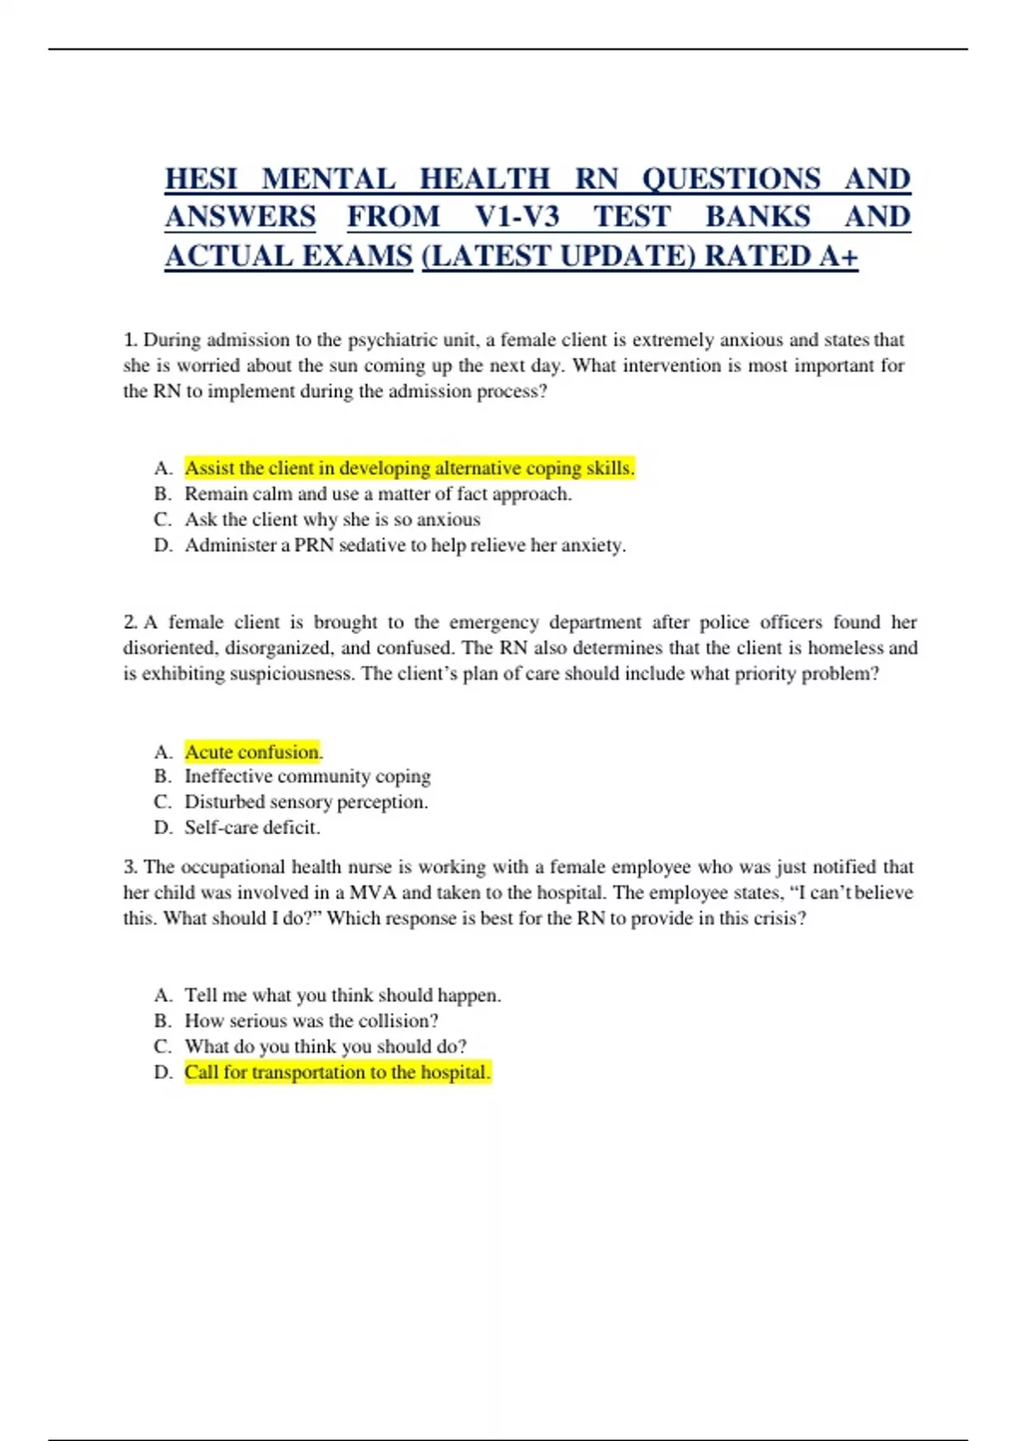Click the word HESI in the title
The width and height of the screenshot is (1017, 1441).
[201, 179]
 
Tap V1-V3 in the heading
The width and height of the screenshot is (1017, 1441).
[516, 217]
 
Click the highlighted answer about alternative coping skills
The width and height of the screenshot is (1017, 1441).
[409, 468]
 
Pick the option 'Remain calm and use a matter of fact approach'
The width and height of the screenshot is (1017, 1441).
[378, 493]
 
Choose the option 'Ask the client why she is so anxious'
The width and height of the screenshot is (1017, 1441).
[332, 519]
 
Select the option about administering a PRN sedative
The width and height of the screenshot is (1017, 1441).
[405, 545]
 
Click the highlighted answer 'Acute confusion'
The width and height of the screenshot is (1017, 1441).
[253, 752]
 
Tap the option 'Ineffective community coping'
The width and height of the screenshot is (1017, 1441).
[308, 776]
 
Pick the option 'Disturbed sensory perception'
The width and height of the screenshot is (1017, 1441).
[306, 802]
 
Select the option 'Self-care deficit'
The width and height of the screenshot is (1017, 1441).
[253, 827]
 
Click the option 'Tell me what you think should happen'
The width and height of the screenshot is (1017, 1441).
[342, 995]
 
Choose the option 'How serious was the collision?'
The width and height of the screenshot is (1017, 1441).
[311, 1021]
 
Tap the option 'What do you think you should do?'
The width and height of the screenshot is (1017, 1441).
[325, 1046]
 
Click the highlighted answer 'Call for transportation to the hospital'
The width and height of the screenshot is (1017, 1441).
[337, 1072]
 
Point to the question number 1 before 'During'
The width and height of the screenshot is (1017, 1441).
[130, 340]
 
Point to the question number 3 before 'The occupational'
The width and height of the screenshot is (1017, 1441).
[130, 867]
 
